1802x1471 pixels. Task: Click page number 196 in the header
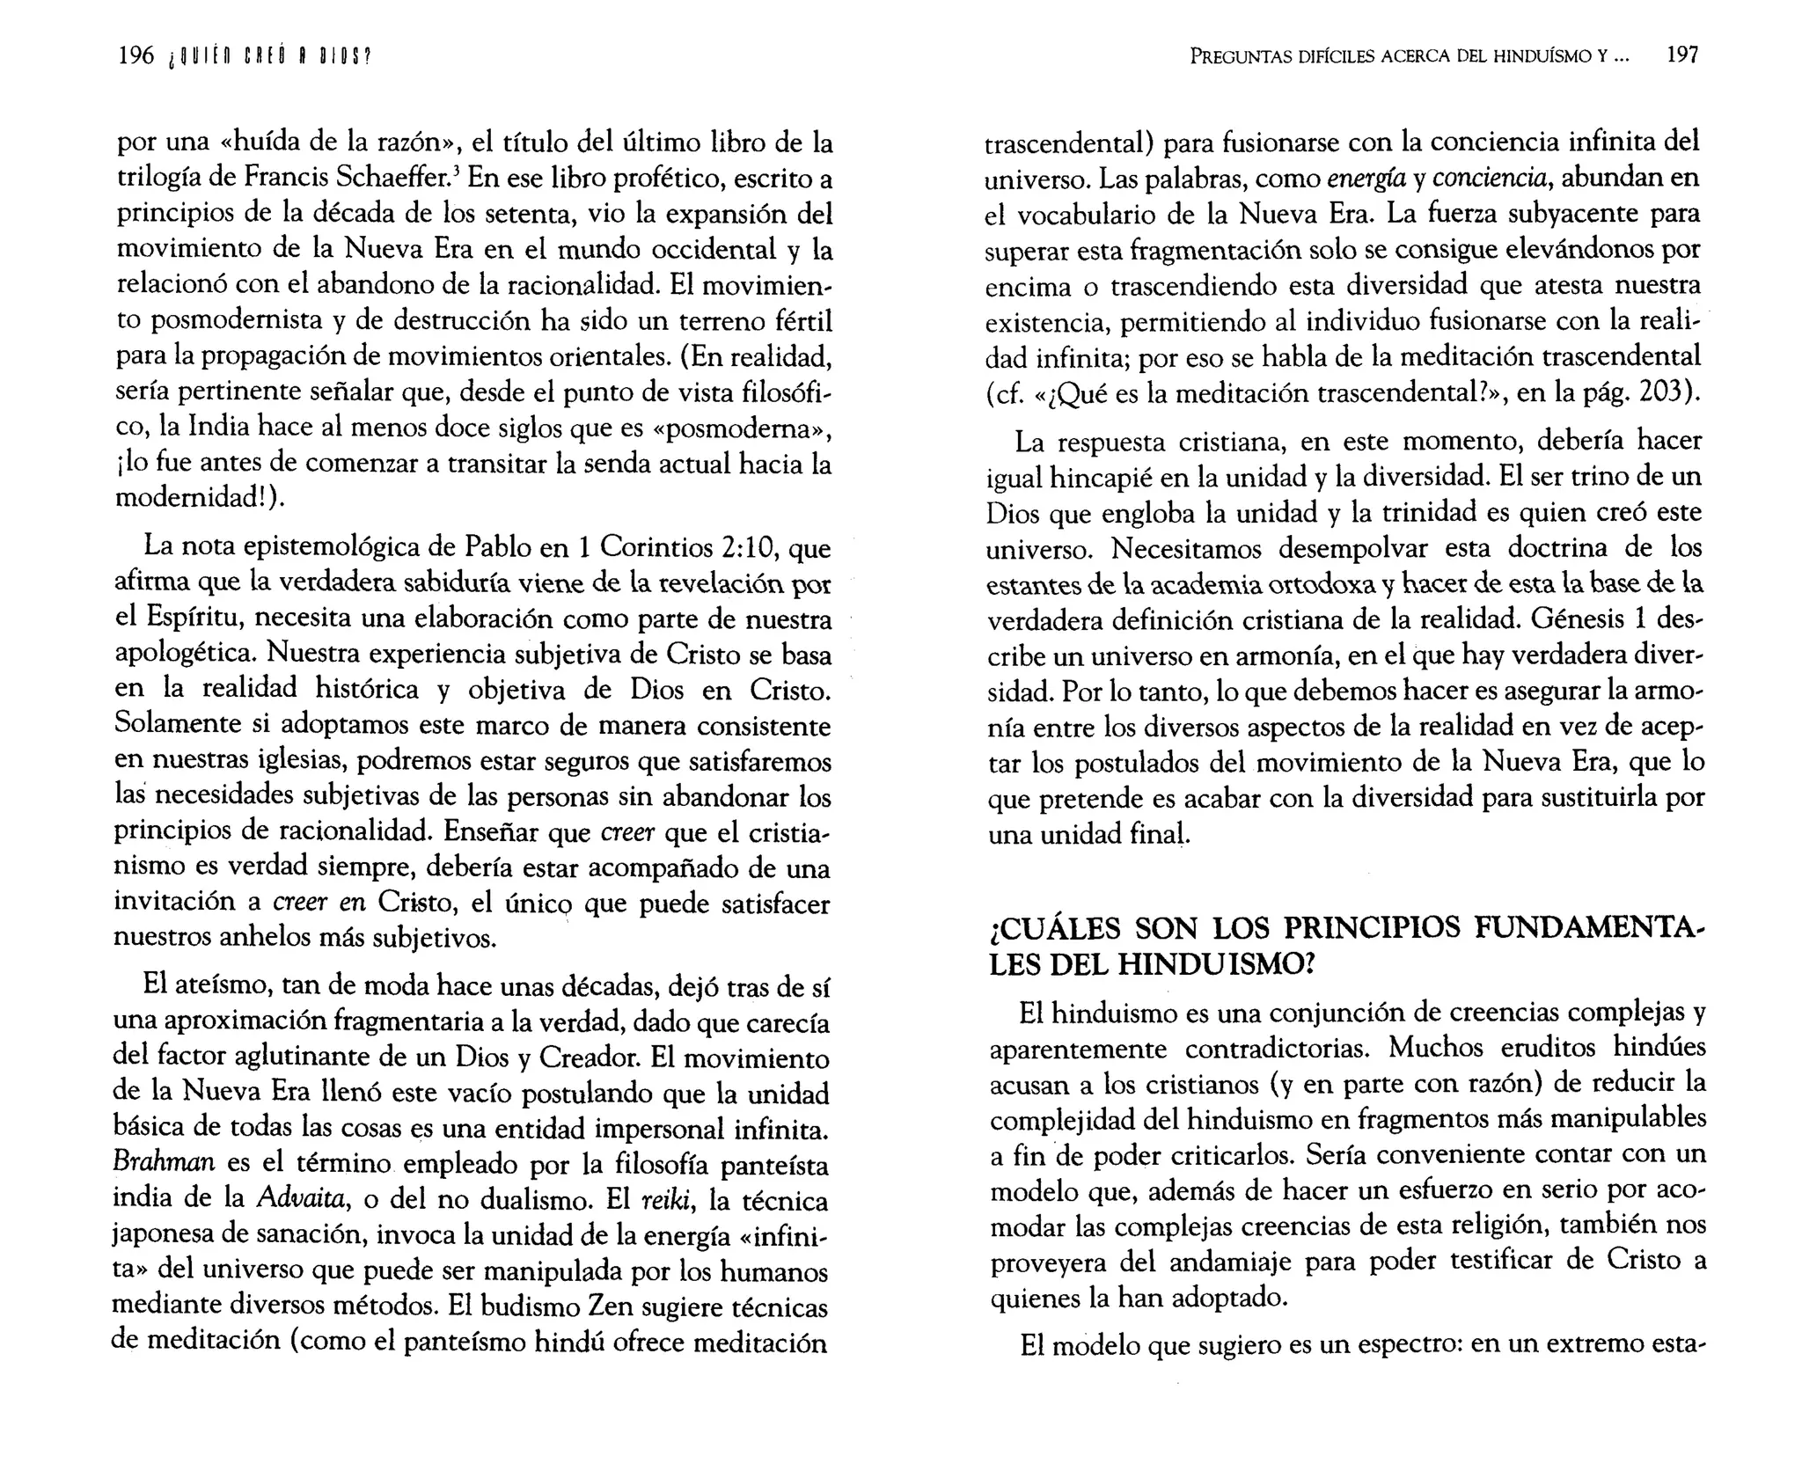pos(136,56)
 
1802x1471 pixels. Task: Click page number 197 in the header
pos(1682,55)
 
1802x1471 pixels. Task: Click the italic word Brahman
pos(165,1163)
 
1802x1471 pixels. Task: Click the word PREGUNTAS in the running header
pos(1240,56)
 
